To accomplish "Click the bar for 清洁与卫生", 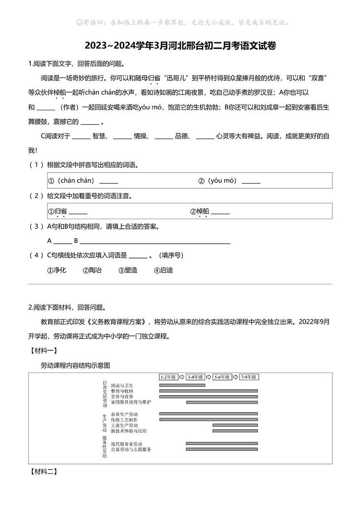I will (x=182, y=385).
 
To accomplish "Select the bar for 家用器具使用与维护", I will (x=222, y=402).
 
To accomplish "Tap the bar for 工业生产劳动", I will (x=235, y=425).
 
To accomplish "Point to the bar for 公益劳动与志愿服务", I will (x=222, y=449).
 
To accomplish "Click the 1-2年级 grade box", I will (x=168, y=377).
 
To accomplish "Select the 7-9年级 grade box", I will (x=249, y=377).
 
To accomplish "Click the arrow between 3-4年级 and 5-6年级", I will (x=209, y=377).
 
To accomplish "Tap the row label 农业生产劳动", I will (x=124, y=414).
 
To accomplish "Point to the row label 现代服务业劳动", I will (x=126, y=443).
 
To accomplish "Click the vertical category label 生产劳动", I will (x=105, y=422).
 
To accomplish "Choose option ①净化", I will (x=57, y=270).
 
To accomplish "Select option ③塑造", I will (x=128, y=270).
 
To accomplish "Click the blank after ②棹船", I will (x=220, y=212).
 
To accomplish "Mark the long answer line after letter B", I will (x=155, y=241).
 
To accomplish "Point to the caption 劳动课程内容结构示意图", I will (x=76, y=365).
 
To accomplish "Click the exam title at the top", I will (x=180, y=46).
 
